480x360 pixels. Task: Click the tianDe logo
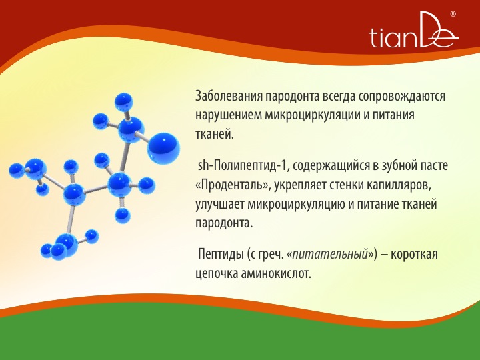click(413, 30)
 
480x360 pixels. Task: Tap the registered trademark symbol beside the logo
click(453, 14)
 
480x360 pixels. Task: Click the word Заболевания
click(229, 96)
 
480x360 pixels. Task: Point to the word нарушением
click(228, 116)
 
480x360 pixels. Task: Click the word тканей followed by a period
click(215, 134)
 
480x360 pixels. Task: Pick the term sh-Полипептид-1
click(243, 165)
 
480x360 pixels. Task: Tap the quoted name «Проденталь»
click(233, 185)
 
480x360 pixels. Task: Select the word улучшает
click(220, 205)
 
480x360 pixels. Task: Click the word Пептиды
click(221, 255)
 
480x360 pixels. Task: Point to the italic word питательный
click(330, 255)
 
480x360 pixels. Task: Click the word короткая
click(414, 255)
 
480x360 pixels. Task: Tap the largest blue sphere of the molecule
click(163, 147)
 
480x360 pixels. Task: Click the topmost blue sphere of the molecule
click(124, 101)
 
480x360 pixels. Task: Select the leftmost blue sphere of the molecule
click(16, 171)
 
